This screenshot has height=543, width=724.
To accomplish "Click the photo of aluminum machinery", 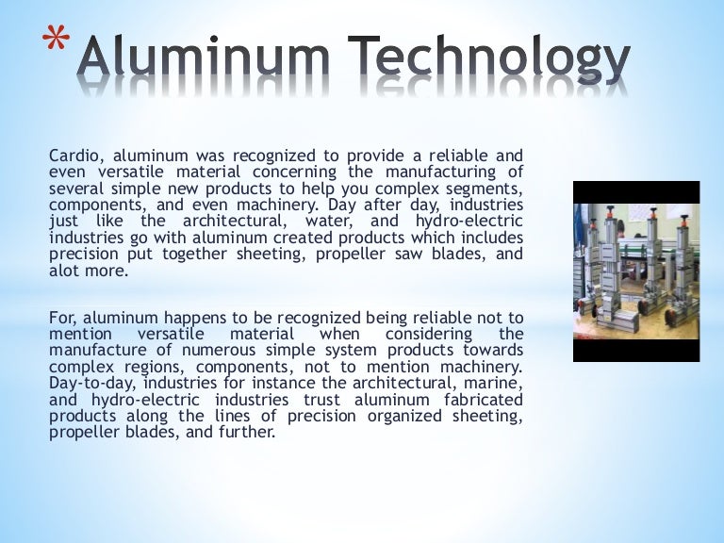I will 636,271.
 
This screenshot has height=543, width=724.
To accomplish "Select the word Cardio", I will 74,156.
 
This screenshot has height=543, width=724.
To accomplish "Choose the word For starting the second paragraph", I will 60,320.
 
